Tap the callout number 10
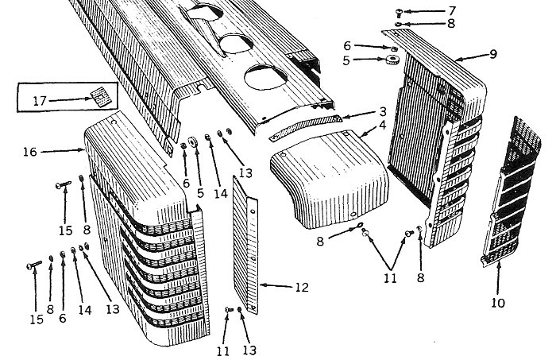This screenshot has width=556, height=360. pos(497,303)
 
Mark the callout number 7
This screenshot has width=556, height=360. pos(452,10)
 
